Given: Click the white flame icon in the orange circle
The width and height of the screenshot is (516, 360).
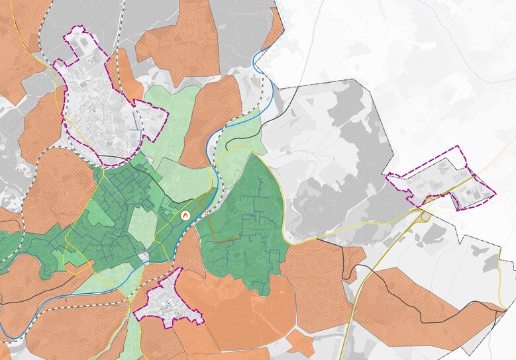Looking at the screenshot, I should click(185, 214).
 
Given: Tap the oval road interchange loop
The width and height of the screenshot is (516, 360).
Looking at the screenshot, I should click(425, 215).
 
